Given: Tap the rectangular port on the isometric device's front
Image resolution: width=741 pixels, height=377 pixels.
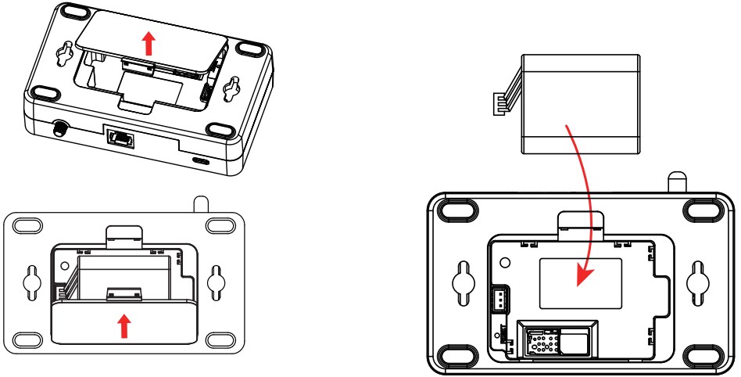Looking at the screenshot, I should pos(120,138).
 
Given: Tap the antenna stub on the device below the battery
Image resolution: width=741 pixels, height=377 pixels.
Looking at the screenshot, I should pos(675,181).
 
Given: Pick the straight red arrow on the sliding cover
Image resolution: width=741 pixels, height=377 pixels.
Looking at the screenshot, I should pos(122,325).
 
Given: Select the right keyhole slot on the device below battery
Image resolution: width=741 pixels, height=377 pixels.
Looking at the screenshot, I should pos(696,282).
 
